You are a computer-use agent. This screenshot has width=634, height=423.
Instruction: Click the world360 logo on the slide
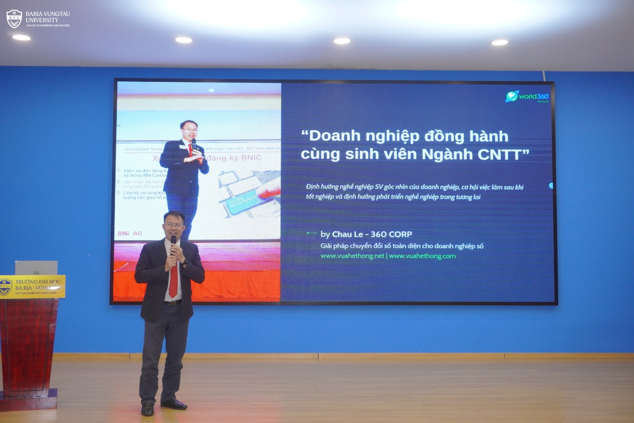(x=527, y=97)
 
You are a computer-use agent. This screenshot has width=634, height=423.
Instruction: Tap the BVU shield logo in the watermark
(x=14, y=19)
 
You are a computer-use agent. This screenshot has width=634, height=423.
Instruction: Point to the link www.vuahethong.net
(x=352, y=256)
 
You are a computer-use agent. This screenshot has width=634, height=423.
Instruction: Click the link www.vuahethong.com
(x=422, y=256)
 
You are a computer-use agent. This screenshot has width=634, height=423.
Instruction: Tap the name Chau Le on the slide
(x=348, y=234)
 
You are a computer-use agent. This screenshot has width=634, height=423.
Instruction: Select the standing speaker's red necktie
(x=173, y=282)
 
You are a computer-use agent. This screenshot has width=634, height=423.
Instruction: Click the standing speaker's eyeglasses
(x=173, y=226)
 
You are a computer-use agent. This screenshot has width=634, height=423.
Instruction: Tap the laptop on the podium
(x=36, y=268)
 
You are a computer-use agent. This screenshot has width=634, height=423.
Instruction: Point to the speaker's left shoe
(x=174, y=404)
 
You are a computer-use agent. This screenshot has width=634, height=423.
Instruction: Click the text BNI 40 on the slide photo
(x=130, y=233)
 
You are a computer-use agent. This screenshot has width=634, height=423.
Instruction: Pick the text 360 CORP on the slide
(x=391, y=234)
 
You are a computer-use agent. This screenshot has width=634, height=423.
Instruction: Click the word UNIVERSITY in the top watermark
(x=42, y=20)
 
